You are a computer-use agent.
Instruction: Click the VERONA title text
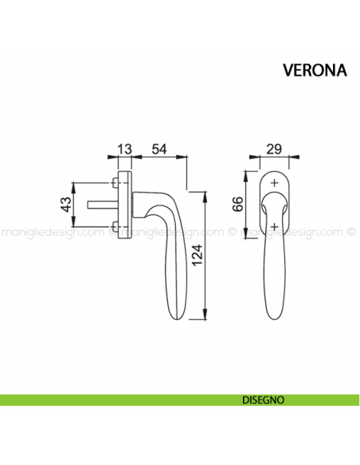(x=315, y=69)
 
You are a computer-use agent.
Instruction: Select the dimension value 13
(x=124, y=149)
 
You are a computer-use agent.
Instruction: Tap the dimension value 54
(x=160, y=149)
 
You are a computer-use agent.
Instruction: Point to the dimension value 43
(x=66, y=208)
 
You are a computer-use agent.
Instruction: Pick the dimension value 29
(x=275, y=149)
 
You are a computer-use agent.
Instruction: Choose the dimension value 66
(x=237, y=204)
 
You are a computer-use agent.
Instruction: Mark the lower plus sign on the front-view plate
(x=275, y=226)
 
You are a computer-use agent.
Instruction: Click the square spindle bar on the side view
(x=104, y=209)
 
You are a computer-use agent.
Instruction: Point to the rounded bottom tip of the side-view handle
(x=179, y=319)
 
